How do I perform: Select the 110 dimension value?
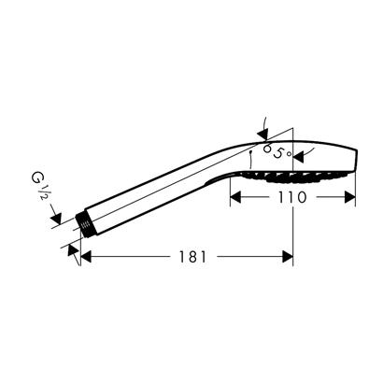coord(293,198)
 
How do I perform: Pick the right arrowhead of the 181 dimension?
coord(289,256)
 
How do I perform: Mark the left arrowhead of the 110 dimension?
coord(235,198)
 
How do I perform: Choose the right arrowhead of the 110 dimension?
coord(352,198)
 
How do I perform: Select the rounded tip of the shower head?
coord(355,162)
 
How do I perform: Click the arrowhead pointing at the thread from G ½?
coord(64,218)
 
